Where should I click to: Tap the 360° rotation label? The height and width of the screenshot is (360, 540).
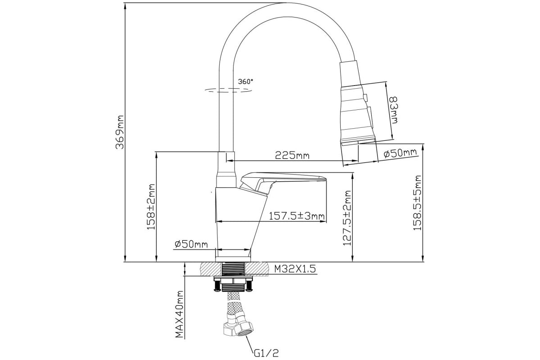246,81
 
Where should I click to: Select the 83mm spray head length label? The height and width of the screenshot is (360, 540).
394,110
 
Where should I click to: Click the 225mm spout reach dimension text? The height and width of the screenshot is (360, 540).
292,155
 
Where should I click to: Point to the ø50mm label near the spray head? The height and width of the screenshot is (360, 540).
400,153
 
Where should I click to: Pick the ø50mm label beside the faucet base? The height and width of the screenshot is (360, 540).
191,244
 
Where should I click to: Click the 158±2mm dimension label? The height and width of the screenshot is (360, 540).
151,207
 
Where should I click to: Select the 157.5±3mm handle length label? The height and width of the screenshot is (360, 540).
297,216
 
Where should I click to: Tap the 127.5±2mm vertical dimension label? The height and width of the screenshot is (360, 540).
347,218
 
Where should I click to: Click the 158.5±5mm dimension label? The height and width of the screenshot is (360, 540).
417,203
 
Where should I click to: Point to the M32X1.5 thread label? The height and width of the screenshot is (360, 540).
295,269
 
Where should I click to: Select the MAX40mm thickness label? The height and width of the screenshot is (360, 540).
180,314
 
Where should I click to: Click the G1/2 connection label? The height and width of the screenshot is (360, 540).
266,353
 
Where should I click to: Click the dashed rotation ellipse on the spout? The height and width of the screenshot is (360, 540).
228,90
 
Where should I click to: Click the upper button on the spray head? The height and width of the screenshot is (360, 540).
365,97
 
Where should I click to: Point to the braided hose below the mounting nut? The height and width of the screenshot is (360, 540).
235,306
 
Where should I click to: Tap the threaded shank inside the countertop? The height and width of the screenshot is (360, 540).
233,269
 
